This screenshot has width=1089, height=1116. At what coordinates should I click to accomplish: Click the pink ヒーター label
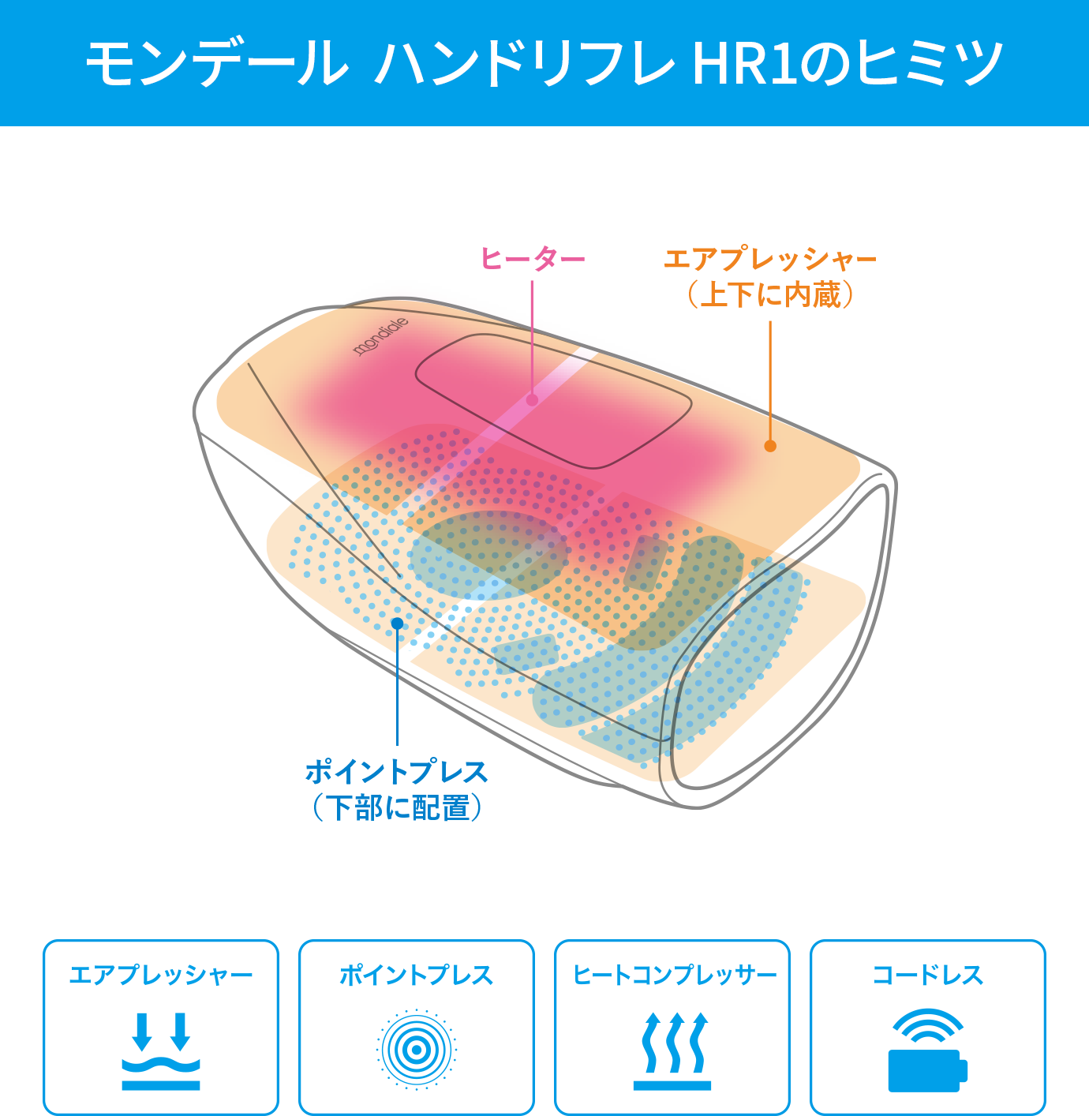pos(533,258)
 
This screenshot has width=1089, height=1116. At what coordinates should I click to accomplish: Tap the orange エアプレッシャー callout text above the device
pos(770,258)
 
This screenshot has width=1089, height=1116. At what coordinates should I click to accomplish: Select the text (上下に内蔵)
pos(770,294)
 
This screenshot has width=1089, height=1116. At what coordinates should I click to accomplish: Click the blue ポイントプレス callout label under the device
pos(396,771)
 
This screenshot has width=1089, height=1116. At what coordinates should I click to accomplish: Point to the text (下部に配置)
pos(396,807)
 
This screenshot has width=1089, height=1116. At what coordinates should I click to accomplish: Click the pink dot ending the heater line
pos(532,400)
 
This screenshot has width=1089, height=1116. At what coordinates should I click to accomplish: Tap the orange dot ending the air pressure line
pos(770,446)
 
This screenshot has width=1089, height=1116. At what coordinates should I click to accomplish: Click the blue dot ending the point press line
pos(397,624)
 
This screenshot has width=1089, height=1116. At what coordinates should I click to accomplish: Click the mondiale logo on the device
pos(380,336)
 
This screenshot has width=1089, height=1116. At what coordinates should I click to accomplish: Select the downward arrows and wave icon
pos(161,1050)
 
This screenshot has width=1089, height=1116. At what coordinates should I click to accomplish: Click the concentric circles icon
pos(416,1050)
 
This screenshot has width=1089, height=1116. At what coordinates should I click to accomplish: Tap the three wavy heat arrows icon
pos(672,1050)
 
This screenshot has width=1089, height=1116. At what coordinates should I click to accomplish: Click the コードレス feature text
pos(927,976)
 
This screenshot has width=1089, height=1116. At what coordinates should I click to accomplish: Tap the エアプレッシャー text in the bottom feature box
pos(161,976)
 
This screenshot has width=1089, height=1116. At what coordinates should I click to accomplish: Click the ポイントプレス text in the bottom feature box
pos(416,976)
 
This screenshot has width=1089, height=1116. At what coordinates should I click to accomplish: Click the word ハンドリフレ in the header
pos(525,63)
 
